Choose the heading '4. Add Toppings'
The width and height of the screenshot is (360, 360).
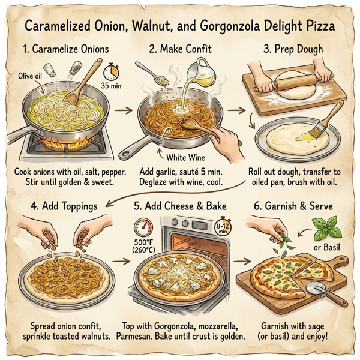[65, 206]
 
